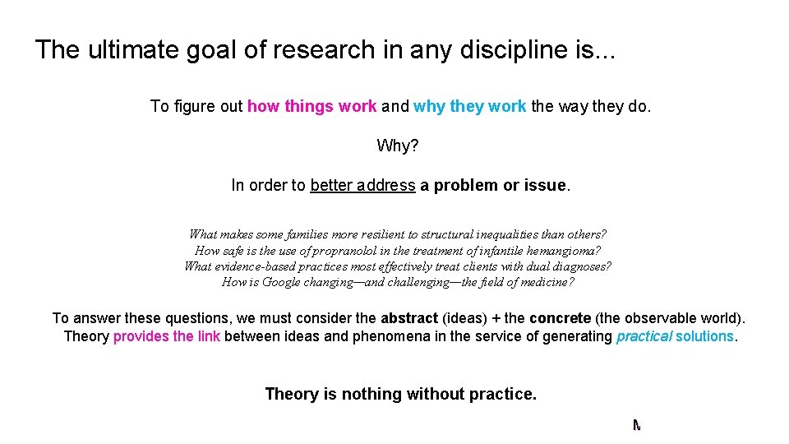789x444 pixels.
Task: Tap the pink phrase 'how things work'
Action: pyautogui.click(x=311, y=106)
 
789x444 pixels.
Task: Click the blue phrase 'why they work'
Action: pyautogui.click(x=469, y=106)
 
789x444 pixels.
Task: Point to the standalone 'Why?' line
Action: pyautogui.click(x=398, y=146)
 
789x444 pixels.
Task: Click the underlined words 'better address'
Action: pyautogui.click(x=362, y=186)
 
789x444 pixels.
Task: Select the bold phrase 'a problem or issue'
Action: pyautogui.click(x=493, y=186)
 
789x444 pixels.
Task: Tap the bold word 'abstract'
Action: pyautogui.click(x=409, y=318)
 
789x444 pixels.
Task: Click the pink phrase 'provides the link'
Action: pyautogui.click(x=166, y=336)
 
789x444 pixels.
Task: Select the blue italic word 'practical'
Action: pyautogui.click(x=644, y=336)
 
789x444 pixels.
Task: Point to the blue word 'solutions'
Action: pyautogui.click(x=704, y=336)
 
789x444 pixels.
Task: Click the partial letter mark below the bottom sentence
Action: pyautogui.click(x=636, y=425)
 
